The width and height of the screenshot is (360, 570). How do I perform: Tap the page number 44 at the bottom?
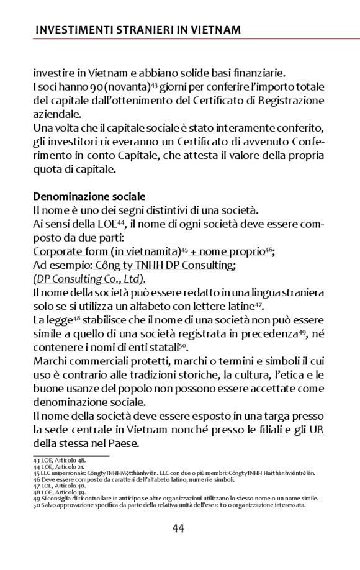[178, 528]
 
